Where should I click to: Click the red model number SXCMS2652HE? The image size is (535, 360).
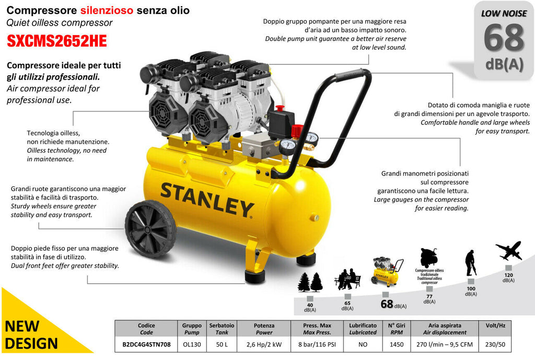(x=56, y=41)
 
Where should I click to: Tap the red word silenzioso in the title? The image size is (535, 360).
(x=107, y=10)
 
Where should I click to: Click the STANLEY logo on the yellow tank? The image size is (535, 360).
(x=207, y=200)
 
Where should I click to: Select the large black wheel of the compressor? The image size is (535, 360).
(x=150, y=229)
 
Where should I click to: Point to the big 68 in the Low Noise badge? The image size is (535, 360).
(x=504, y=38)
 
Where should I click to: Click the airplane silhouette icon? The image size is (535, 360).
(x=509, y=251)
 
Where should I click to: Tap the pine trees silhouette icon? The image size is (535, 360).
(x=310, y=282)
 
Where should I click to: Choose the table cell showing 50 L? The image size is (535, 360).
(x=222, y=344)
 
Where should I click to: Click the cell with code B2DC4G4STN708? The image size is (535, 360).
(x=146, y=344)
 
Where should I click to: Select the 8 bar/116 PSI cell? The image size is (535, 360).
(x=317, y=344)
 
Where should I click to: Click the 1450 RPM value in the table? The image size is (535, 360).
(x=397, y=344)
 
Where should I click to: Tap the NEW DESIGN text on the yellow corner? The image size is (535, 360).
(x=31, y=335)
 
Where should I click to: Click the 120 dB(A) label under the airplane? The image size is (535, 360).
(x=508, y=277)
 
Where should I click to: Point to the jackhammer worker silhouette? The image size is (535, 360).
(x=470, y=263)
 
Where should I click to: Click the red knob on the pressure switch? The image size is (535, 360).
(x=280, y=108)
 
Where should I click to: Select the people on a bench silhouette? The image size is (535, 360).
(x=347, y=279)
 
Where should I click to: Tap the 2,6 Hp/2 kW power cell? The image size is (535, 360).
(x=264, y=344)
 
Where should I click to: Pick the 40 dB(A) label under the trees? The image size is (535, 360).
(x=310, y=307)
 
